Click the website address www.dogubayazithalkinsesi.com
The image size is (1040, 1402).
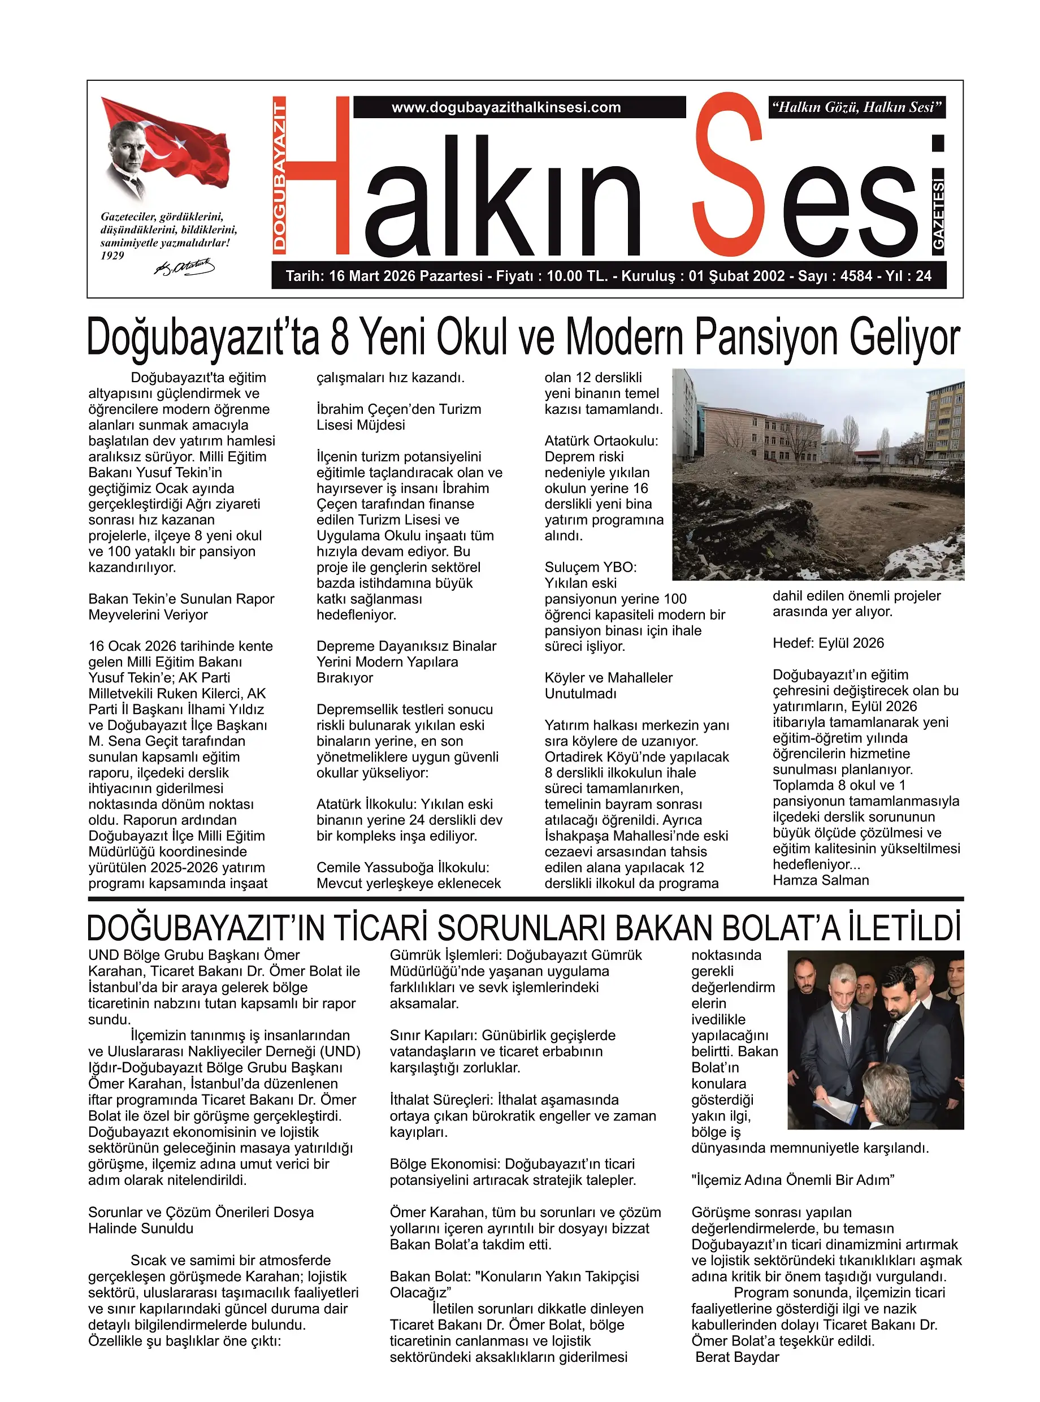506,107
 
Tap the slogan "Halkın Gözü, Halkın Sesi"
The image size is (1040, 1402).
857,107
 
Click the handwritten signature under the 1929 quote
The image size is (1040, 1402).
184,267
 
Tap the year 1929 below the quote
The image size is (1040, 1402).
112,256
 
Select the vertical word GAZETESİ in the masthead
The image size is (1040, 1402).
938,214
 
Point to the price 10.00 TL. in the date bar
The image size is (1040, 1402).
577,276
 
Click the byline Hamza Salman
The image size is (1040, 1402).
820,880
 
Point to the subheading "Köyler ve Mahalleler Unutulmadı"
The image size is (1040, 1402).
608,686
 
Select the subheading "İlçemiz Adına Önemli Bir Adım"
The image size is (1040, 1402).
792,1180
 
